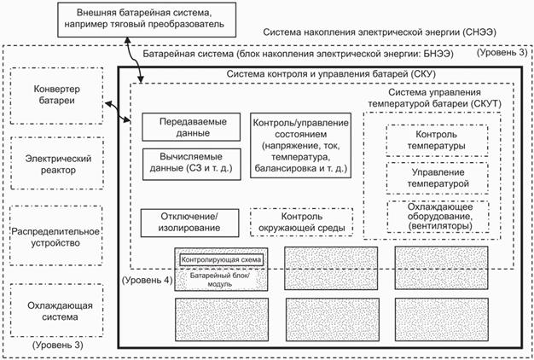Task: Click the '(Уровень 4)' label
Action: click(146, 279)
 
